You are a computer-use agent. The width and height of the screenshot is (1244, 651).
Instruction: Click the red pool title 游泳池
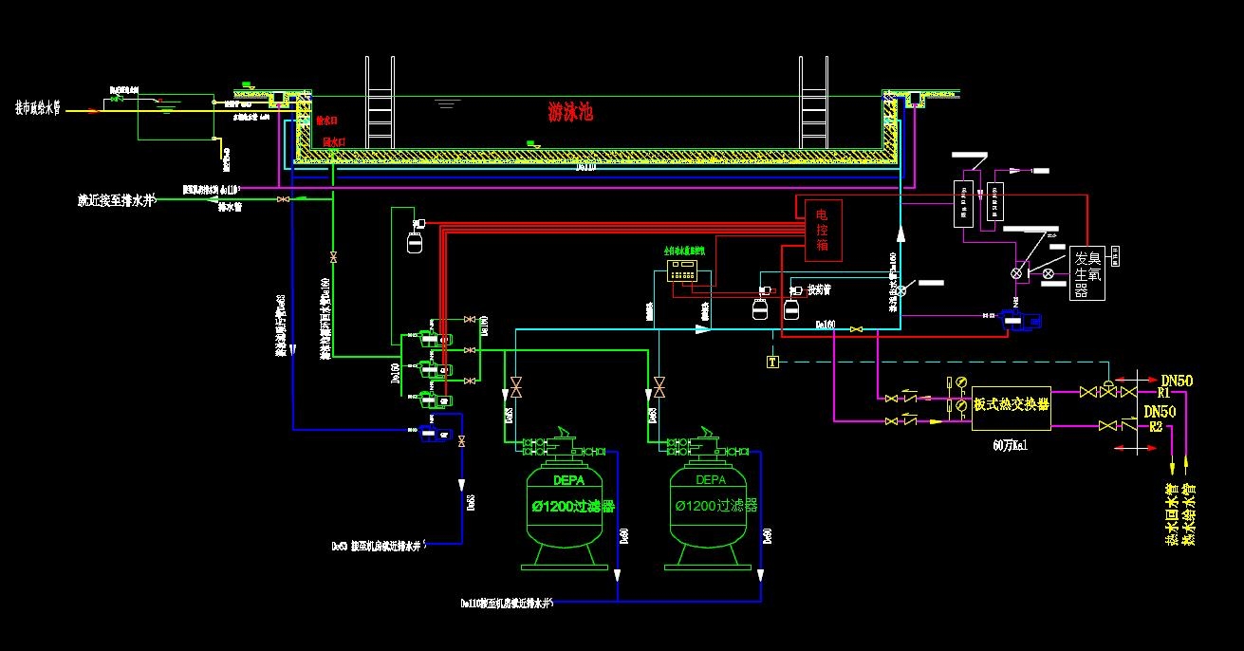click(570, 112)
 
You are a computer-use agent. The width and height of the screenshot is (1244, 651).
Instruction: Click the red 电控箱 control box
click(823, 231)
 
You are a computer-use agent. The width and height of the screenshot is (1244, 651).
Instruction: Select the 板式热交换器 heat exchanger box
click(1011, 404)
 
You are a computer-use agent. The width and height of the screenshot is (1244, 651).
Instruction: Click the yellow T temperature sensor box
click(772, 361)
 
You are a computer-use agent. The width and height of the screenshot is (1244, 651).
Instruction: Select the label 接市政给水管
click(45, 107)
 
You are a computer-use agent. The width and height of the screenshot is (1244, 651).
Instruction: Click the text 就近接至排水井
click(116, 200)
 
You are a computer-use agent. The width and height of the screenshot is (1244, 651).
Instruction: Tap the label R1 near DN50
click(1163, 393)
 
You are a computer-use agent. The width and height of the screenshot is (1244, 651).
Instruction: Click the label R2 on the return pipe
click(1156, 427)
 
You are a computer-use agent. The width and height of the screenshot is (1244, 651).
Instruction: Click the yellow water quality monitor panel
click(687, 270)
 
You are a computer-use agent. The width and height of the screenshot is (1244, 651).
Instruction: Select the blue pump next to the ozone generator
click(1021, 320)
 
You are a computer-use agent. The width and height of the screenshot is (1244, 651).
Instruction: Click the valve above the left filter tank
click(516, 387)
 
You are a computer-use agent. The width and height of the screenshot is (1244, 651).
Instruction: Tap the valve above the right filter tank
click(659, 387)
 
